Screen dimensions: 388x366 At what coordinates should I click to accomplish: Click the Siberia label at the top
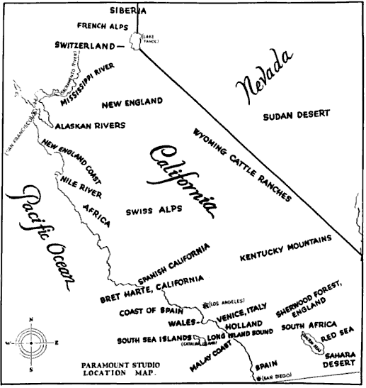click(x=128, y=11)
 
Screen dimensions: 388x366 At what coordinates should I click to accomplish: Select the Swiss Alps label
click(x=154, y=211)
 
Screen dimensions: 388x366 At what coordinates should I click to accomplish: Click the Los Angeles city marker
click(x=205, y=304)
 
